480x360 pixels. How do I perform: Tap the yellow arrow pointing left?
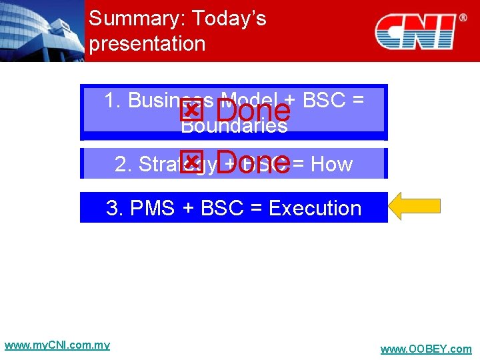click(414, 207)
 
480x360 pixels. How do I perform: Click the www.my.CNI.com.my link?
click(57, 345)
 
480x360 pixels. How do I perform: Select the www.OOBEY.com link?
click(425, 349)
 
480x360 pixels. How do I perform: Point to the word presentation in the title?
click(147, 44)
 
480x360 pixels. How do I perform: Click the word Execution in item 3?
click(314, 208)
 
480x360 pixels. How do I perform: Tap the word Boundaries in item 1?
click(234, 125)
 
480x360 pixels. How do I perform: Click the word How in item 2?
click(331, 164)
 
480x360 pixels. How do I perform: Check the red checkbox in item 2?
click(191, 161)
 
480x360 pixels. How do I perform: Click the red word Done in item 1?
click(253, 111)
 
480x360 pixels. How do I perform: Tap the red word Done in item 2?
click(253, 163)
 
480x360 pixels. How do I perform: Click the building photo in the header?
click(41, 31)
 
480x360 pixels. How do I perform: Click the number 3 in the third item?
click(112, 208)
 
